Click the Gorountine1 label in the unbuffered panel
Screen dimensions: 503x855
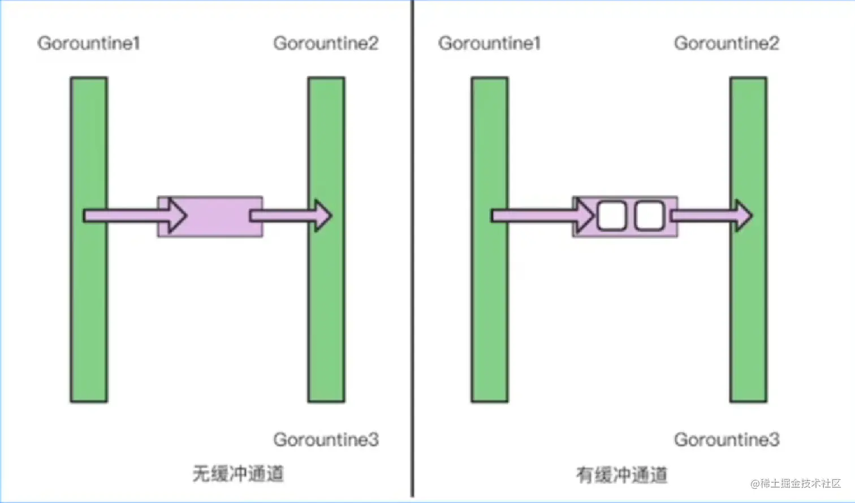88,43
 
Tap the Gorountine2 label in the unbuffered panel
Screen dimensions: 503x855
326,43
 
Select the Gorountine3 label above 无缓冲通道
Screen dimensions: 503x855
326,439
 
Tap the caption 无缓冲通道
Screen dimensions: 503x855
238,474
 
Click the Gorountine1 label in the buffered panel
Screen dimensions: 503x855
489,43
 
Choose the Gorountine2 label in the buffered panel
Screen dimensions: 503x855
727,43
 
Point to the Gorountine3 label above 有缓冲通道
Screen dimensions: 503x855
727,439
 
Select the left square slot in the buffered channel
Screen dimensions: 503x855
611,216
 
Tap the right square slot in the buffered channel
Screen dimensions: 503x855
649,216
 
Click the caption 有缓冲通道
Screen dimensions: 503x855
622,475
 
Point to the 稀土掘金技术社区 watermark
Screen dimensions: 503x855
796,484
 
